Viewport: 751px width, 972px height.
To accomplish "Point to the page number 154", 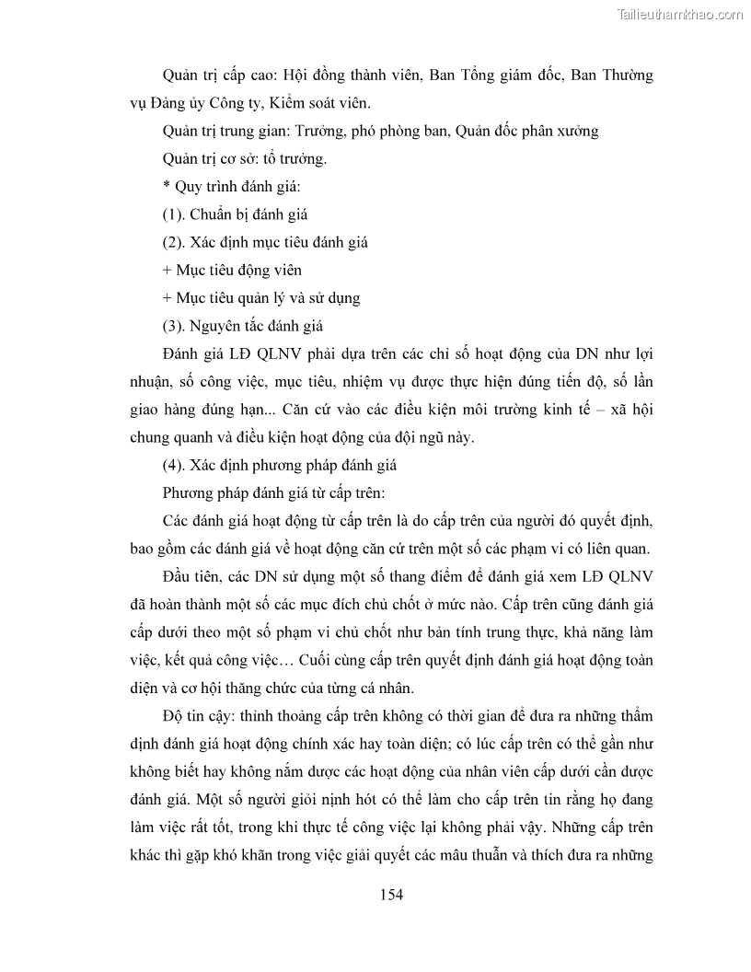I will pos(392,894).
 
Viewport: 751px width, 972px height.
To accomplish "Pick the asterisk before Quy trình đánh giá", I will pos(167,187).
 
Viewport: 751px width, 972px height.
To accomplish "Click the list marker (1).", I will pos(174,214).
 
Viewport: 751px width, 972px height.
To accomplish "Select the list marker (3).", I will pos(174,326).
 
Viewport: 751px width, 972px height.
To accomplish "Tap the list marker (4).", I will pos(174,465).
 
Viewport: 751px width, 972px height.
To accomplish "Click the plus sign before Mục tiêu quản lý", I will pos(167,298).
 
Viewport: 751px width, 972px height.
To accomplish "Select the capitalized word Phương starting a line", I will pos(188,493).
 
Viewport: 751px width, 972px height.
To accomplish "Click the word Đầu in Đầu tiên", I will pos(178,578).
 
